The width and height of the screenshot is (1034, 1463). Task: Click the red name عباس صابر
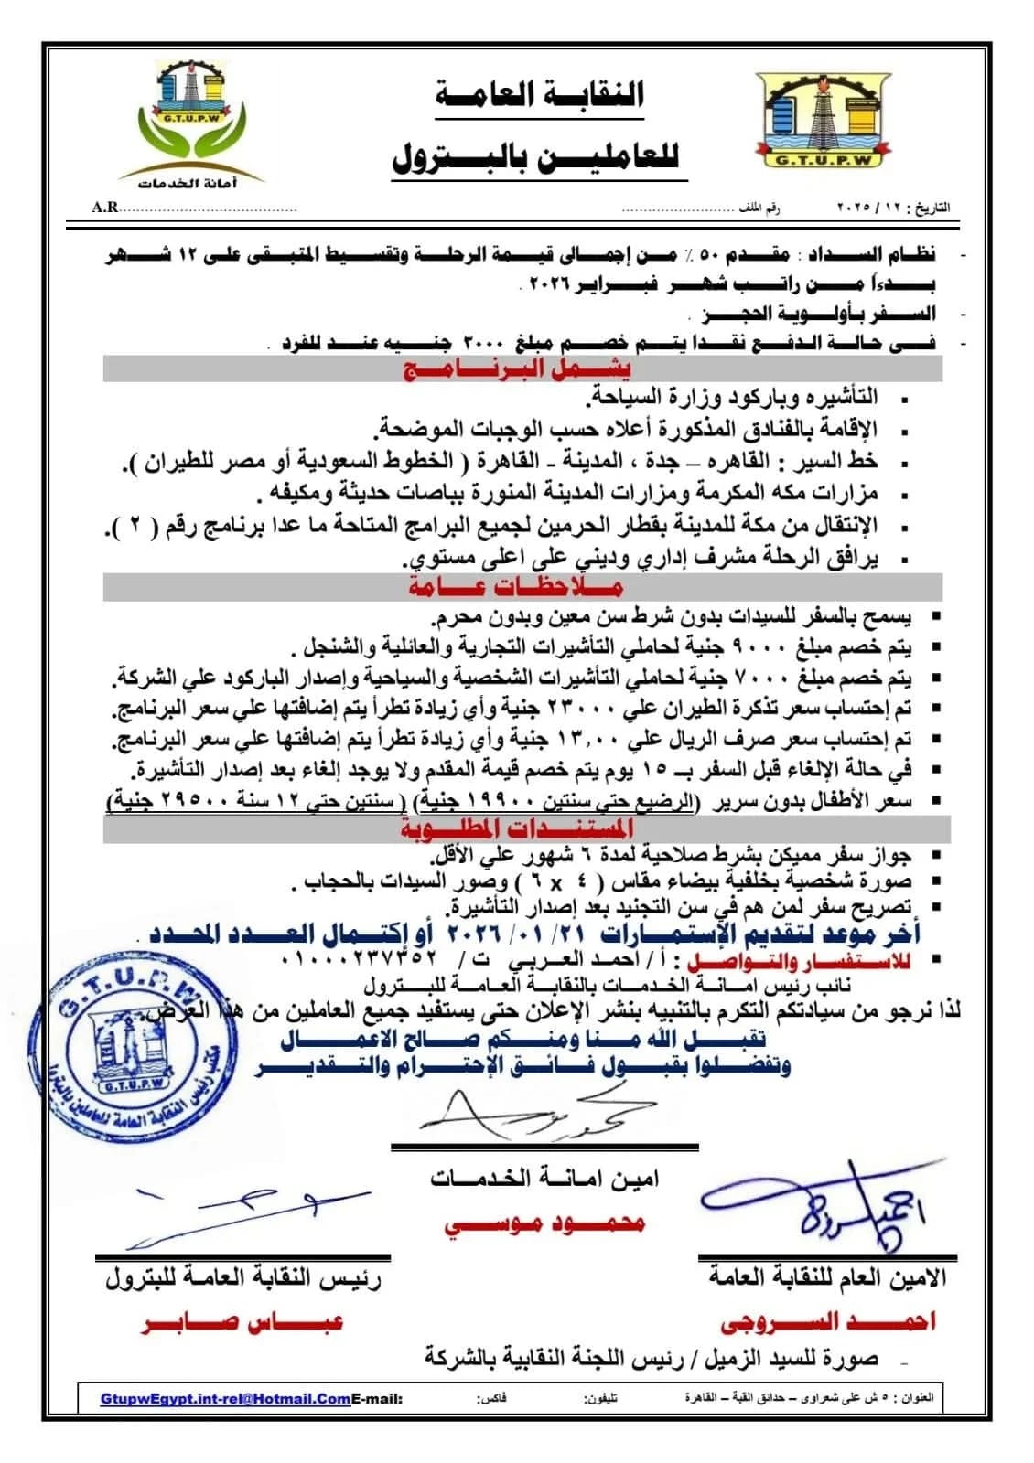(x=242, y=1322)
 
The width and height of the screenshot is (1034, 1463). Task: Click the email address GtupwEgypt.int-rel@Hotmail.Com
(x=226, y=1399)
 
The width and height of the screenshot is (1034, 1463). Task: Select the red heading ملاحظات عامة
(x=515, y=586)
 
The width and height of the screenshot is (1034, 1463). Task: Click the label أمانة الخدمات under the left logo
(x=188, y=184)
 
